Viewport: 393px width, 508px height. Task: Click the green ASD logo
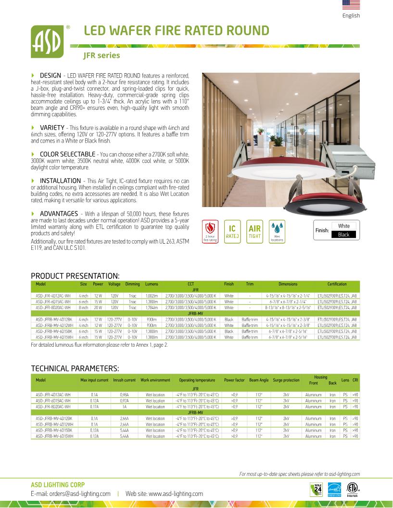pyautogui.click(x=49, y=42)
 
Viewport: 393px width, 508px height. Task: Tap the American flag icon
pyautogui.click(x=351, y=5)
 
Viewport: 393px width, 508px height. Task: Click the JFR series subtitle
pyautogui.click(x=101, y=55)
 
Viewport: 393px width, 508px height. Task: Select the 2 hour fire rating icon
pyautogui.click(x=210, y=231)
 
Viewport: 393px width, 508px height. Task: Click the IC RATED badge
pyautogui.click(x=232, y=231)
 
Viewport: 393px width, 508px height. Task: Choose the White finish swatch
pyautogui.click(x=344, y=226)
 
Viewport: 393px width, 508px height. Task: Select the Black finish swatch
pyautogui.click(x=344, y=234)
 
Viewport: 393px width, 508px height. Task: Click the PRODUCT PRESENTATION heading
pyautogui.click(x=75, y=276)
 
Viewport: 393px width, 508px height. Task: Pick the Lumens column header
pyautogui.click(x=152, y=284)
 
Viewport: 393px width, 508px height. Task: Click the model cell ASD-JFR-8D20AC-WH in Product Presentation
pyautogui.click(x=53, y=307)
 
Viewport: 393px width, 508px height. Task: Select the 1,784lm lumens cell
pyautogui.click(x=152, y=307)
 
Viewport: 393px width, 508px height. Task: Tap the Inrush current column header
pyautogui.click(x=124, y=380)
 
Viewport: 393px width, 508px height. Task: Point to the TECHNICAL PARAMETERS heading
pyautogui.click(x=75, y=369)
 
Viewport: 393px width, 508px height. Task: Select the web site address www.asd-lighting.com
pyautogui.click(x=164, y=494)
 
